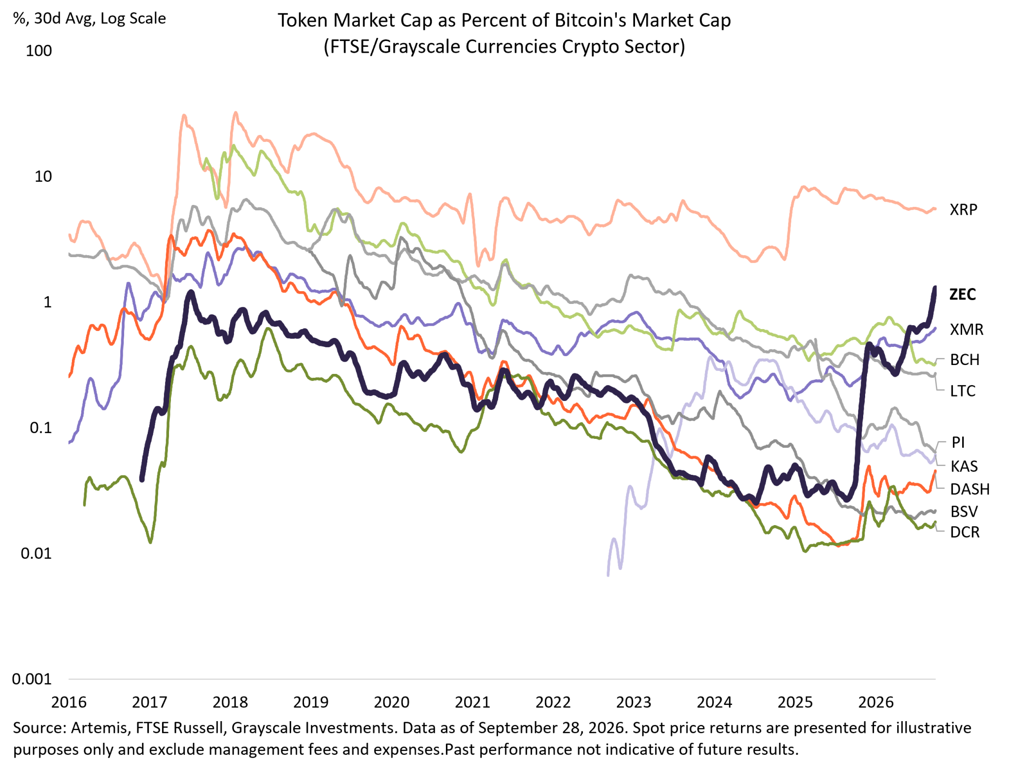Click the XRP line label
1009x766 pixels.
tap(963, 210)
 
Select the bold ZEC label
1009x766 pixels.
tap(963, 294)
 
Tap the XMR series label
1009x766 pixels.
tap(966, 329)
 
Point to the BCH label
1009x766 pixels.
tap(965, 360)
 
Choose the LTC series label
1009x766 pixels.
tap(963, 391)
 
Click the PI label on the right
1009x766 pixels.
tap(958, 442)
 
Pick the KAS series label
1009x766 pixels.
tap(964, 466)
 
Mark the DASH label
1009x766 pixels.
tap(970, 489)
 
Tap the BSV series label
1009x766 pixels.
tap(964, 512)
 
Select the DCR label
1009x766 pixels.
tap(965, 533)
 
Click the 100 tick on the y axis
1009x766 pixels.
tap(38, 51)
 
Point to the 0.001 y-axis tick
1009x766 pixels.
tap(32, 679)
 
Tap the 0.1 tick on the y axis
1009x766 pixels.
tap(41, 428)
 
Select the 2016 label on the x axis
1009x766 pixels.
tap(68, 702)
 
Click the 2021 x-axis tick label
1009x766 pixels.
tap(472, 702)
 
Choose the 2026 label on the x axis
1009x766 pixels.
tap(875, 702)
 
